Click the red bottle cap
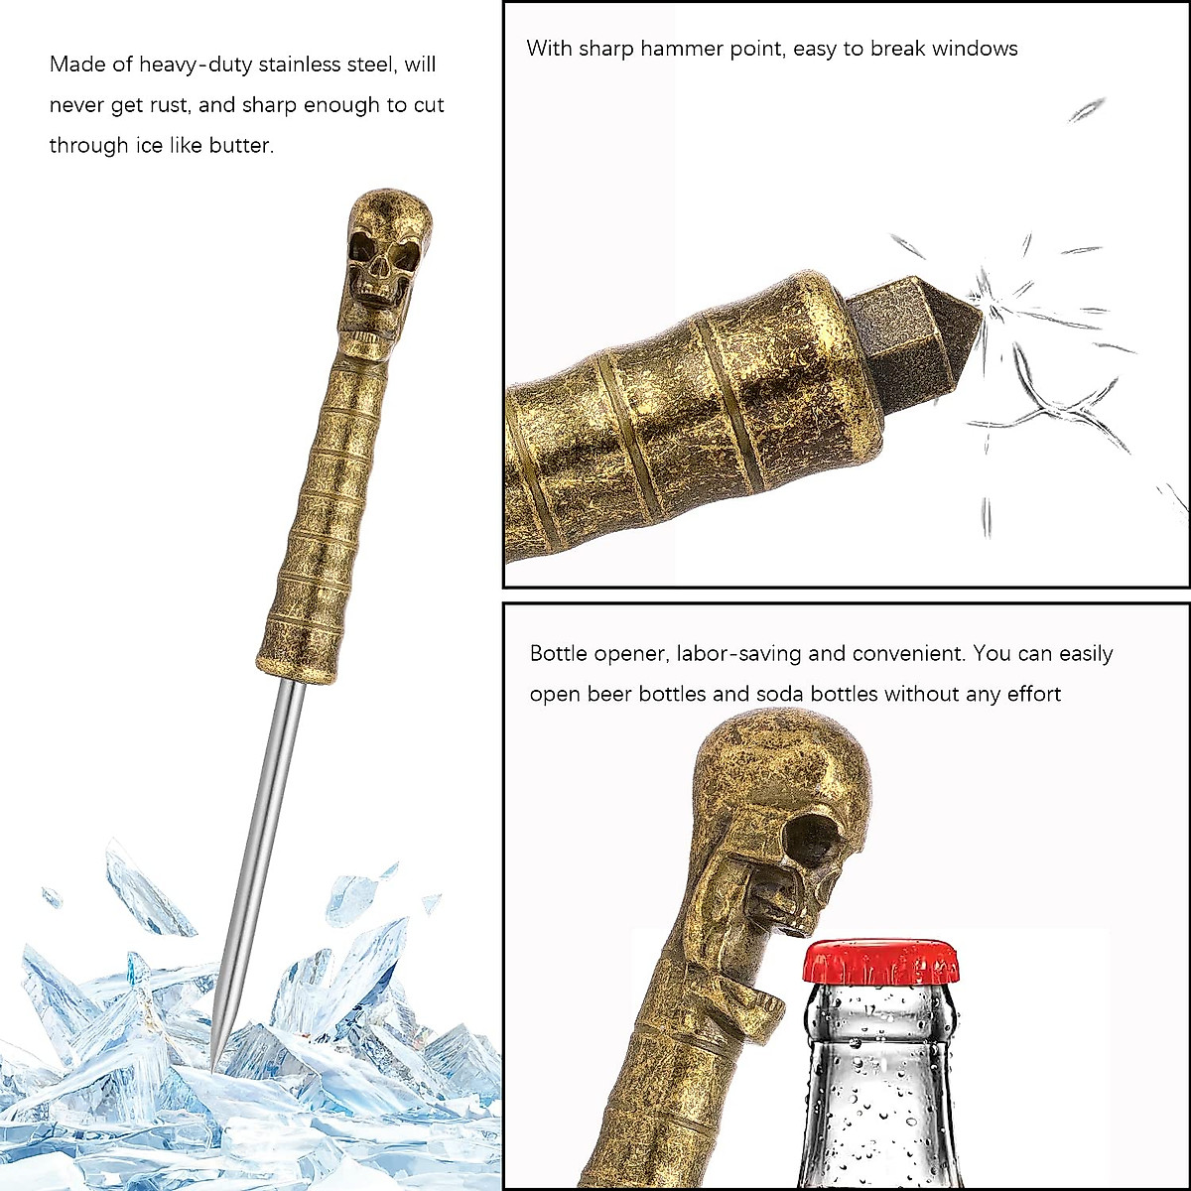point(880,961)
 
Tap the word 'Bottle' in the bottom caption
point(559,654)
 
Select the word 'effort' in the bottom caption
point(1033,694)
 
